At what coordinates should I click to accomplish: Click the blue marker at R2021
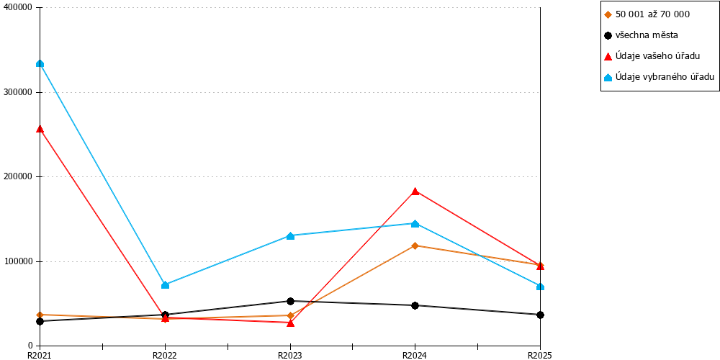[x=40, y=63]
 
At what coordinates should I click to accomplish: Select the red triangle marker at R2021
[x=40, y=129]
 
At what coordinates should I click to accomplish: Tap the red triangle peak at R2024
[x=415, y=191]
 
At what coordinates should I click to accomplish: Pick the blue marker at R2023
[x=290, y=236]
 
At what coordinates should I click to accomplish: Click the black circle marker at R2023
[x=290, y=301]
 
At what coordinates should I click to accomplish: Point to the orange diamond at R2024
[x=415, y=246]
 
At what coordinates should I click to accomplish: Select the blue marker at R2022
[x=166, y=285]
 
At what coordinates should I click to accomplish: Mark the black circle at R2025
[x=541, y=315]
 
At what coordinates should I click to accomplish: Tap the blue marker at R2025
[x=541, y=287]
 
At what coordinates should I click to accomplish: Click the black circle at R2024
[x=415, y=305]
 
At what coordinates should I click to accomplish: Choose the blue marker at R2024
[x=415, y=224]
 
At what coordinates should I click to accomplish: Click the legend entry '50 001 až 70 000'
[x=647, y=14]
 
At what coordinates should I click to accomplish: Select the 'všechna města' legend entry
[x=641, y=35]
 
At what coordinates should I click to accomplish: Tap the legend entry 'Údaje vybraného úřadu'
[x=660, y=77]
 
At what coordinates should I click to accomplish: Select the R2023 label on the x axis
[x=289, y=355]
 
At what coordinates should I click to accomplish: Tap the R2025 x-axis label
[x=539, y=355]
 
